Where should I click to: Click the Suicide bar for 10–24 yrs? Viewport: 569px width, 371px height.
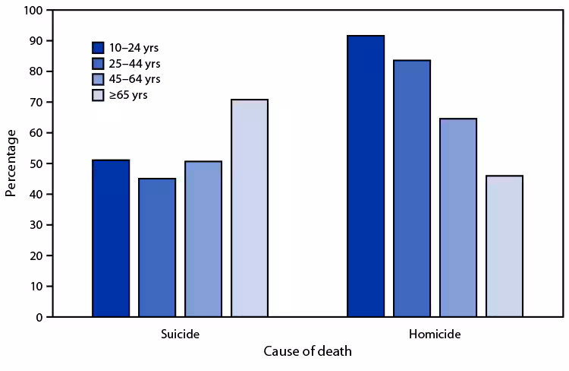[x=111, y=238]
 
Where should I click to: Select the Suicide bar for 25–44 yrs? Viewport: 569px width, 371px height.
[x=157, y=247]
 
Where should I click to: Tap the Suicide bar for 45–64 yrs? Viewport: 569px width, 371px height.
[x=203, y=239]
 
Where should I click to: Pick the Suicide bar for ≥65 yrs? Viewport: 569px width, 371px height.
[x=250, y=208]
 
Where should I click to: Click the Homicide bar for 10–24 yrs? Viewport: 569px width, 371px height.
[x=366, y=176]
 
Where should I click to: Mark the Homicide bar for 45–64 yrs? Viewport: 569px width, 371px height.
[x=458, y=217]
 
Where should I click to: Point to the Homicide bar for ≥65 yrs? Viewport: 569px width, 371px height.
[x=505, y=246]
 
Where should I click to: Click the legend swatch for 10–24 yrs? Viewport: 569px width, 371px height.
[x=98, y=48]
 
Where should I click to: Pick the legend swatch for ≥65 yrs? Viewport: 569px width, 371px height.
[x=98, y=95]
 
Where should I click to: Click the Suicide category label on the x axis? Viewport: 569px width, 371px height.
[x=181, y=334]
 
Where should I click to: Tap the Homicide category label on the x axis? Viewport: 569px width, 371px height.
[x=435, y=334]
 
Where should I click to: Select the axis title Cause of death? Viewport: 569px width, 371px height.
[x=307, y=353]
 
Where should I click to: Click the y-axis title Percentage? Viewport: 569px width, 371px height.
[x=11, y=163]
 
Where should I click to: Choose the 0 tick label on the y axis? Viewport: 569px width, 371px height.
[x=39, y=317]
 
